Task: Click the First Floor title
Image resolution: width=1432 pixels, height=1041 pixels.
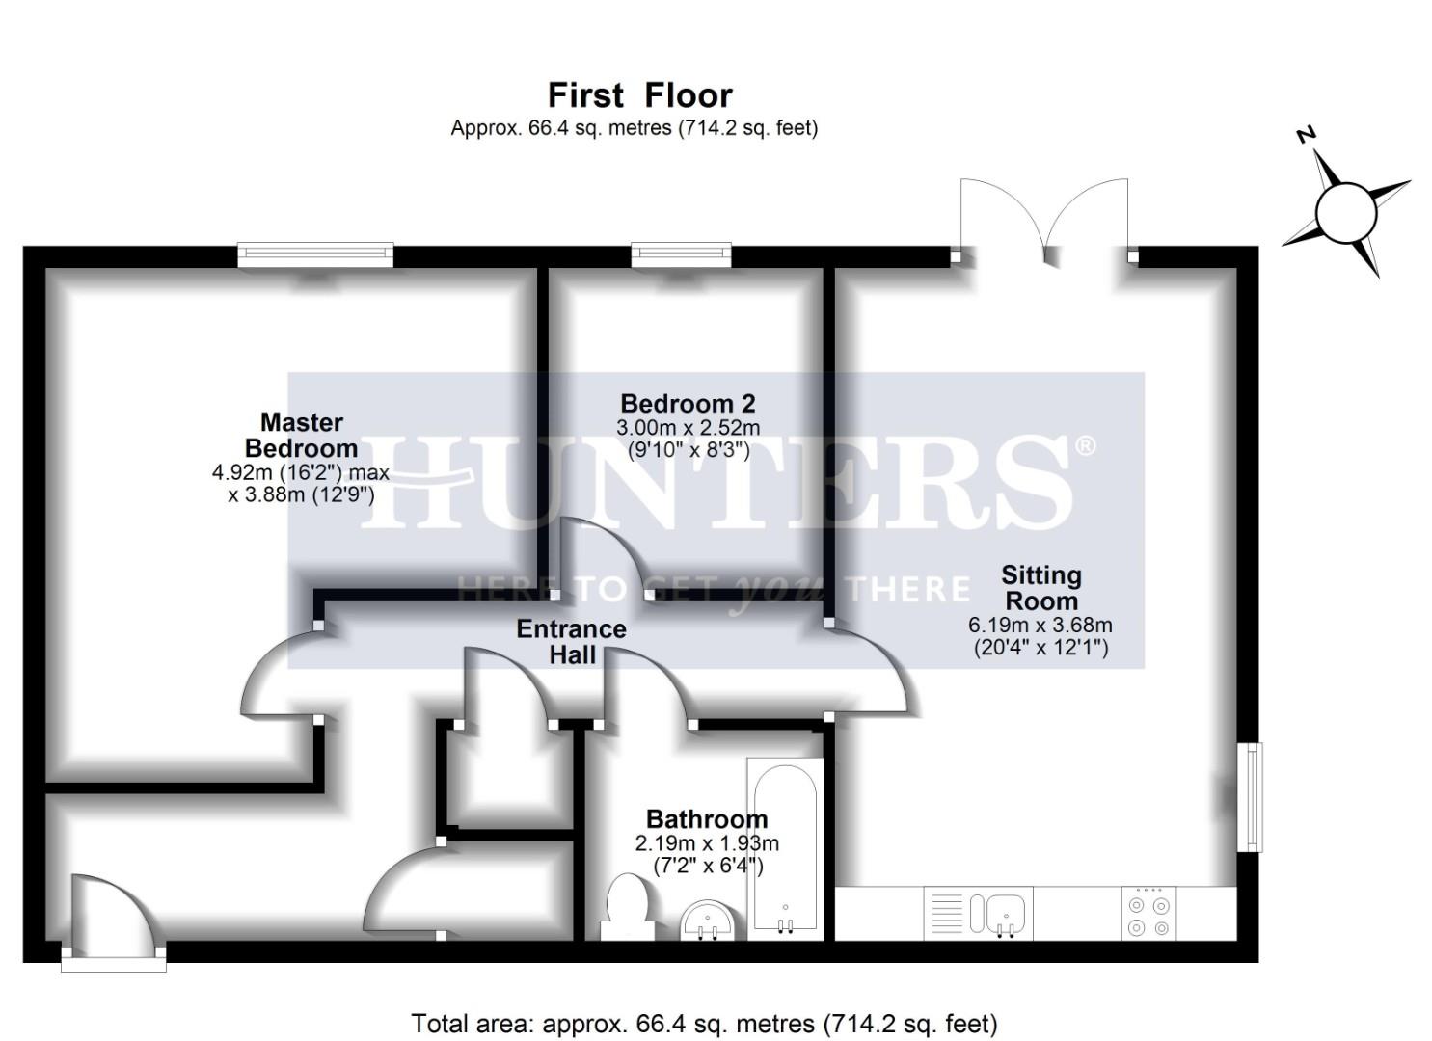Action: pos(639,95)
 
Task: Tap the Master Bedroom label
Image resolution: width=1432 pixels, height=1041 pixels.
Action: pos(301,436)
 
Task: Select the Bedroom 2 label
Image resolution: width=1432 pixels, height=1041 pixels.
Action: pos(688,403)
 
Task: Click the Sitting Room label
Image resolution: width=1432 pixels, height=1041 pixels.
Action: pos(1040,588)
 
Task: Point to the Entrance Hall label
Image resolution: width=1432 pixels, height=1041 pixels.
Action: pos(571,642)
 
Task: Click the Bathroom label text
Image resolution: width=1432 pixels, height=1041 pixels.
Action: pos(707,819)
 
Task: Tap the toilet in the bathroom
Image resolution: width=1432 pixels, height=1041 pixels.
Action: pos(628,907)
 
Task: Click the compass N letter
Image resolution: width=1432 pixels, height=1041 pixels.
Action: pos(1306,135)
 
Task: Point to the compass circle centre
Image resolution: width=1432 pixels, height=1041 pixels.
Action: pos(1345,213)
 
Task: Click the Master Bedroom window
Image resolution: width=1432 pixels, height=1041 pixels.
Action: pos(316,254)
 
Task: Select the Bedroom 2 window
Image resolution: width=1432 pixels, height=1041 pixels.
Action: pos(681,254)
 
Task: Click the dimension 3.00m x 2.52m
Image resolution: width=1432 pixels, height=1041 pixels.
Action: pos(688,428)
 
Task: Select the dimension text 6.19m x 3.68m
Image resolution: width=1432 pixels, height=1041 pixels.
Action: pos(1040,626)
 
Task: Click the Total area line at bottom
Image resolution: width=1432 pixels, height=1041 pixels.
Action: pos(704,1023)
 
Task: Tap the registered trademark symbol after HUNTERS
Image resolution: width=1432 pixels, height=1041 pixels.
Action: pos(1085,445)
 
